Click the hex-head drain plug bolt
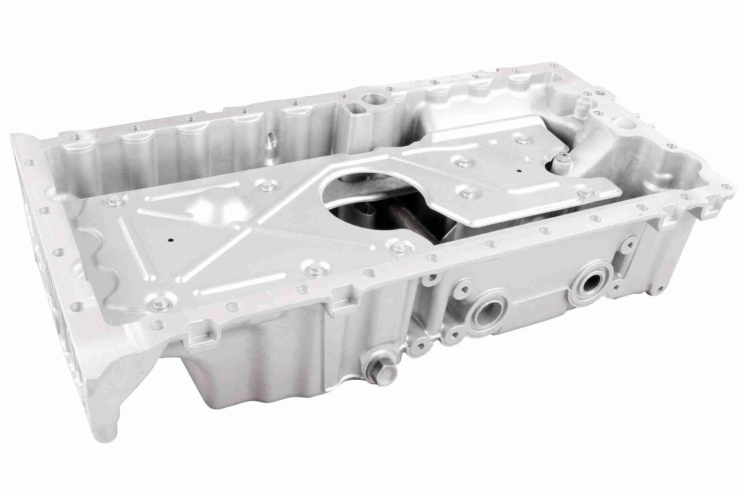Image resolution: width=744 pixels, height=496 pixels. (x=381, y=371)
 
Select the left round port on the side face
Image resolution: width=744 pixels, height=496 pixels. (x=487, y=312)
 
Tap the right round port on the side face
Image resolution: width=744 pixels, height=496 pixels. (x=590, y=282)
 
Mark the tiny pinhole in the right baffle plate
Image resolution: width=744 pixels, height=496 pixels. (x=519, y=171)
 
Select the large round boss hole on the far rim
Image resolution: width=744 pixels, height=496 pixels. (x=373, y=99)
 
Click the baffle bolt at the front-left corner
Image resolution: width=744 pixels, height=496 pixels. (x=159, y=303)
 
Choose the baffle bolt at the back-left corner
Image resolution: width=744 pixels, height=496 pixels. (x=115, y=201)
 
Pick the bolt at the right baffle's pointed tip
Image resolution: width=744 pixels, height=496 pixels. (x=584, y=192)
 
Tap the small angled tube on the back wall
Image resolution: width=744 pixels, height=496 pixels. (x=270, y=141)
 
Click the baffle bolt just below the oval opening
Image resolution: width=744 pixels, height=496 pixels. (x=399, y=247)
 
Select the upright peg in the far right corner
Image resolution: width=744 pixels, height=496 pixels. (x=581, y=107)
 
